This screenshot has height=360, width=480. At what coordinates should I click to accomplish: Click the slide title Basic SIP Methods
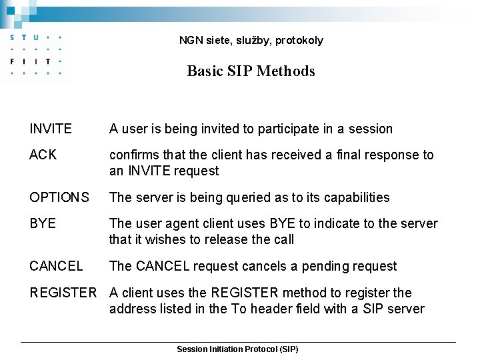pos(251,71)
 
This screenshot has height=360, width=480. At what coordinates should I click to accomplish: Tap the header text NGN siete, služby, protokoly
pos(251,40)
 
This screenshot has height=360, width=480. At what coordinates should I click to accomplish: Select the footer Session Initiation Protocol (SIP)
pos(237,349)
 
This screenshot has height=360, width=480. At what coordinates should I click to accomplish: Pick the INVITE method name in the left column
pos(51,129)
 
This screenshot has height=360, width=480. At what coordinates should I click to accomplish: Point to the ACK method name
pos(43,155)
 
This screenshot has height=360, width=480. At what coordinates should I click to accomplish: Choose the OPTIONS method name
pos(59,197)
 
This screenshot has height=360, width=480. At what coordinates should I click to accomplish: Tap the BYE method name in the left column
pos(43,223)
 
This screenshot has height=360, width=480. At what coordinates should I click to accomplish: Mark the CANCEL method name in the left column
pos(56,266)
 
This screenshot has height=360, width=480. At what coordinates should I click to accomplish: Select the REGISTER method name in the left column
pos(63,293)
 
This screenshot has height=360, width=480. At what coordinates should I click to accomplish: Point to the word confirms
pos(133,155)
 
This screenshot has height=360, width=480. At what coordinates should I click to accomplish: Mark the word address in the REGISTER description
pos(132,309)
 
